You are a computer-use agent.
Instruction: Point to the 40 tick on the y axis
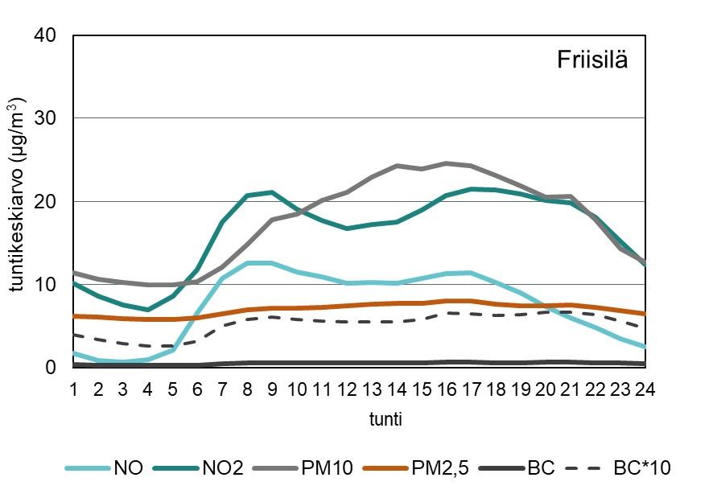pos(46,35)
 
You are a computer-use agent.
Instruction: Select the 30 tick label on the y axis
pos(46,118)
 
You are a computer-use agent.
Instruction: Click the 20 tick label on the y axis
pos(46,201)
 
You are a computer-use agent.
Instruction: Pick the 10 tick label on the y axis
pos(46,284)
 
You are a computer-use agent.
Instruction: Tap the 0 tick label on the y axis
pos(53,367)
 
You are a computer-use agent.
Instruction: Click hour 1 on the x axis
pos(73,389)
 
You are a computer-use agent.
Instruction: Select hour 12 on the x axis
pos(347,389)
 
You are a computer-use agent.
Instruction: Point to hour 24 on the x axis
pos(645,389)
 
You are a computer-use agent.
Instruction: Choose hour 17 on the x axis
pos(472,389)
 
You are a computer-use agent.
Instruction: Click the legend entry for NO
pos(124,467)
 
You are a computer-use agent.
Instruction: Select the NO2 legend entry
pos(221,467)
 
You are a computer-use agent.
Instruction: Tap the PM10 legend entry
pos(326,467)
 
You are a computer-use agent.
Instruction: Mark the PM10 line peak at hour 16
pos(447,163)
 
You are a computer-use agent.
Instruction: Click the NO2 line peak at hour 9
pos(272,192)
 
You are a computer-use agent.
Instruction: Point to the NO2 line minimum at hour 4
pos(148,309)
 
